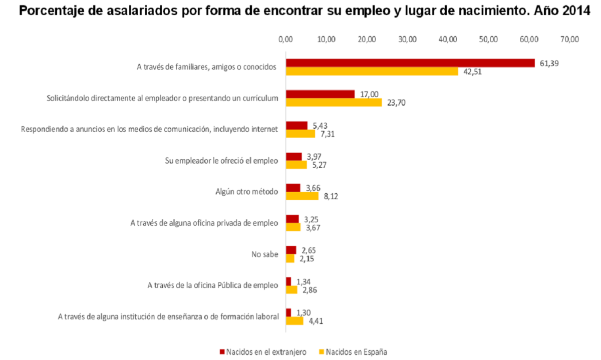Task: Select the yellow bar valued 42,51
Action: (372, 72)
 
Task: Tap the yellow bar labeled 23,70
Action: (334, 103)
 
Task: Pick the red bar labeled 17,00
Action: (320, 94)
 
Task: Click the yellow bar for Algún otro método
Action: (302, 196)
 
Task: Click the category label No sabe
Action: (264, 254)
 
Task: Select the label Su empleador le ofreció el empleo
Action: (221, 161)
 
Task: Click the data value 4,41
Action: (316, 321)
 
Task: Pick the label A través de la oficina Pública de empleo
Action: (212, 285)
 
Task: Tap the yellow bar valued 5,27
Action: (296, 165)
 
